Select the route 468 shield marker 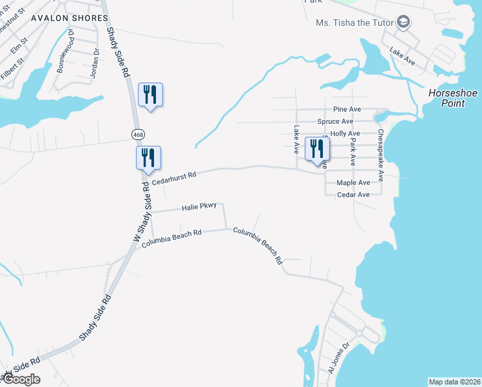click(x=137, y=134)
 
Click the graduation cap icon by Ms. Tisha click(x=404, y=23)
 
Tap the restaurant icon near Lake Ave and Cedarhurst click(x=317, y=150)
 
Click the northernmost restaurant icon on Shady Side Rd click(x=150, y=95)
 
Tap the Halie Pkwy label click(x=198, y=207)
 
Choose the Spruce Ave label click(x=335, y=121)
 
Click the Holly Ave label click(x=345, y=134)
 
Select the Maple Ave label click(x=353, y=183)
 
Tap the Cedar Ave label click(x=353, y=194)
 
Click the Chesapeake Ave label click(x=381, y=154)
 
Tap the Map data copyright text click(x=454, y=381)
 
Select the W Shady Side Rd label click(x=141, y=212)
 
